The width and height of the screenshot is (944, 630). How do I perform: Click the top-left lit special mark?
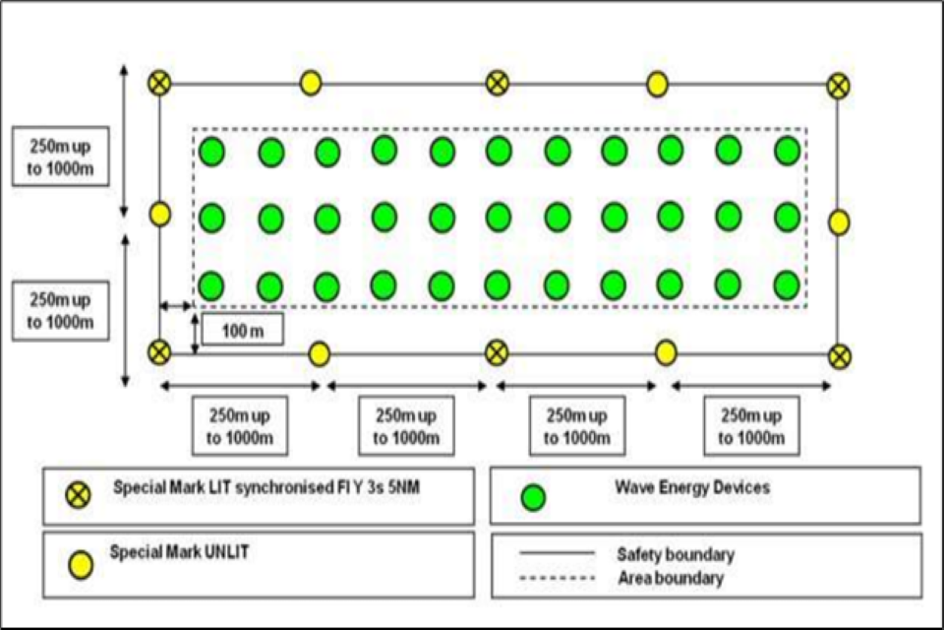tap(159, 84)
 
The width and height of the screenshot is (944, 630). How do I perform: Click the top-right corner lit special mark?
tap(838, 86)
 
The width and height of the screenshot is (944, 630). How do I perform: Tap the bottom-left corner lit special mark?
tap(159, 352)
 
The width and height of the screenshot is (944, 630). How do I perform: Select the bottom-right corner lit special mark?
tap(838, 356)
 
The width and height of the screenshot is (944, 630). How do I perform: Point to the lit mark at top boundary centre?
tap(498, 84)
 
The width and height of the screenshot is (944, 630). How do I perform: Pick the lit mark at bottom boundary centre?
tap(498, 352)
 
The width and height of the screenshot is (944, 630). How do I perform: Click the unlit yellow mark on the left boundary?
tap(159, 215)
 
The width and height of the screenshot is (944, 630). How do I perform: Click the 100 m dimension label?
tap(242, 330)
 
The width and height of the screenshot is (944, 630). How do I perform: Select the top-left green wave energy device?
tap(212, 153)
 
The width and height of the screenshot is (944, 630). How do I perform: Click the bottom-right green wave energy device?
tap(787, 285)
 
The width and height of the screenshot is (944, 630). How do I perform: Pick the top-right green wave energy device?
tap(787, 151)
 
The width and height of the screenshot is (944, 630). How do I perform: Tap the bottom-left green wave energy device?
tap(212, 286)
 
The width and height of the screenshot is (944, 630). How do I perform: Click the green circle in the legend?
tap(533, 498)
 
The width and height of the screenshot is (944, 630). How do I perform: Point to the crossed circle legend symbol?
tap(79, 495)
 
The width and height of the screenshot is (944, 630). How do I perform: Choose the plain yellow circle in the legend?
tap(80, 565)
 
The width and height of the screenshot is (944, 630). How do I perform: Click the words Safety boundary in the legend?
tap(676, 555)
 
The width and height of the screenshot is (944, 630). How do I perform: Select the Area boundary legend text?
tap(670, 578)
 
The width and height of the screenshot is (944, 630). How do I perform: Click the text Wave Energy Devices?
tap(692, 487)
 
